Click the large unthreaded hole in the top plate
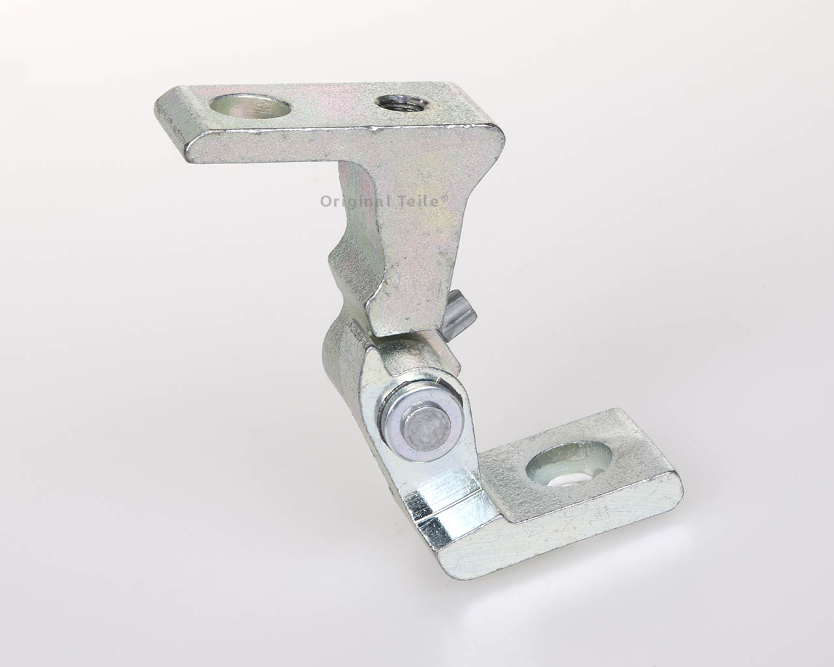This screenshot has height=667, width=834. click(x=250, y=108)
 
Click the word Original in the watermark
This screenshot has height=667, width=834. click(x=352, y=201)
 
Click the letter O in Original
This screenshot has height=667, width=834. click(x=326, y=201)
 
